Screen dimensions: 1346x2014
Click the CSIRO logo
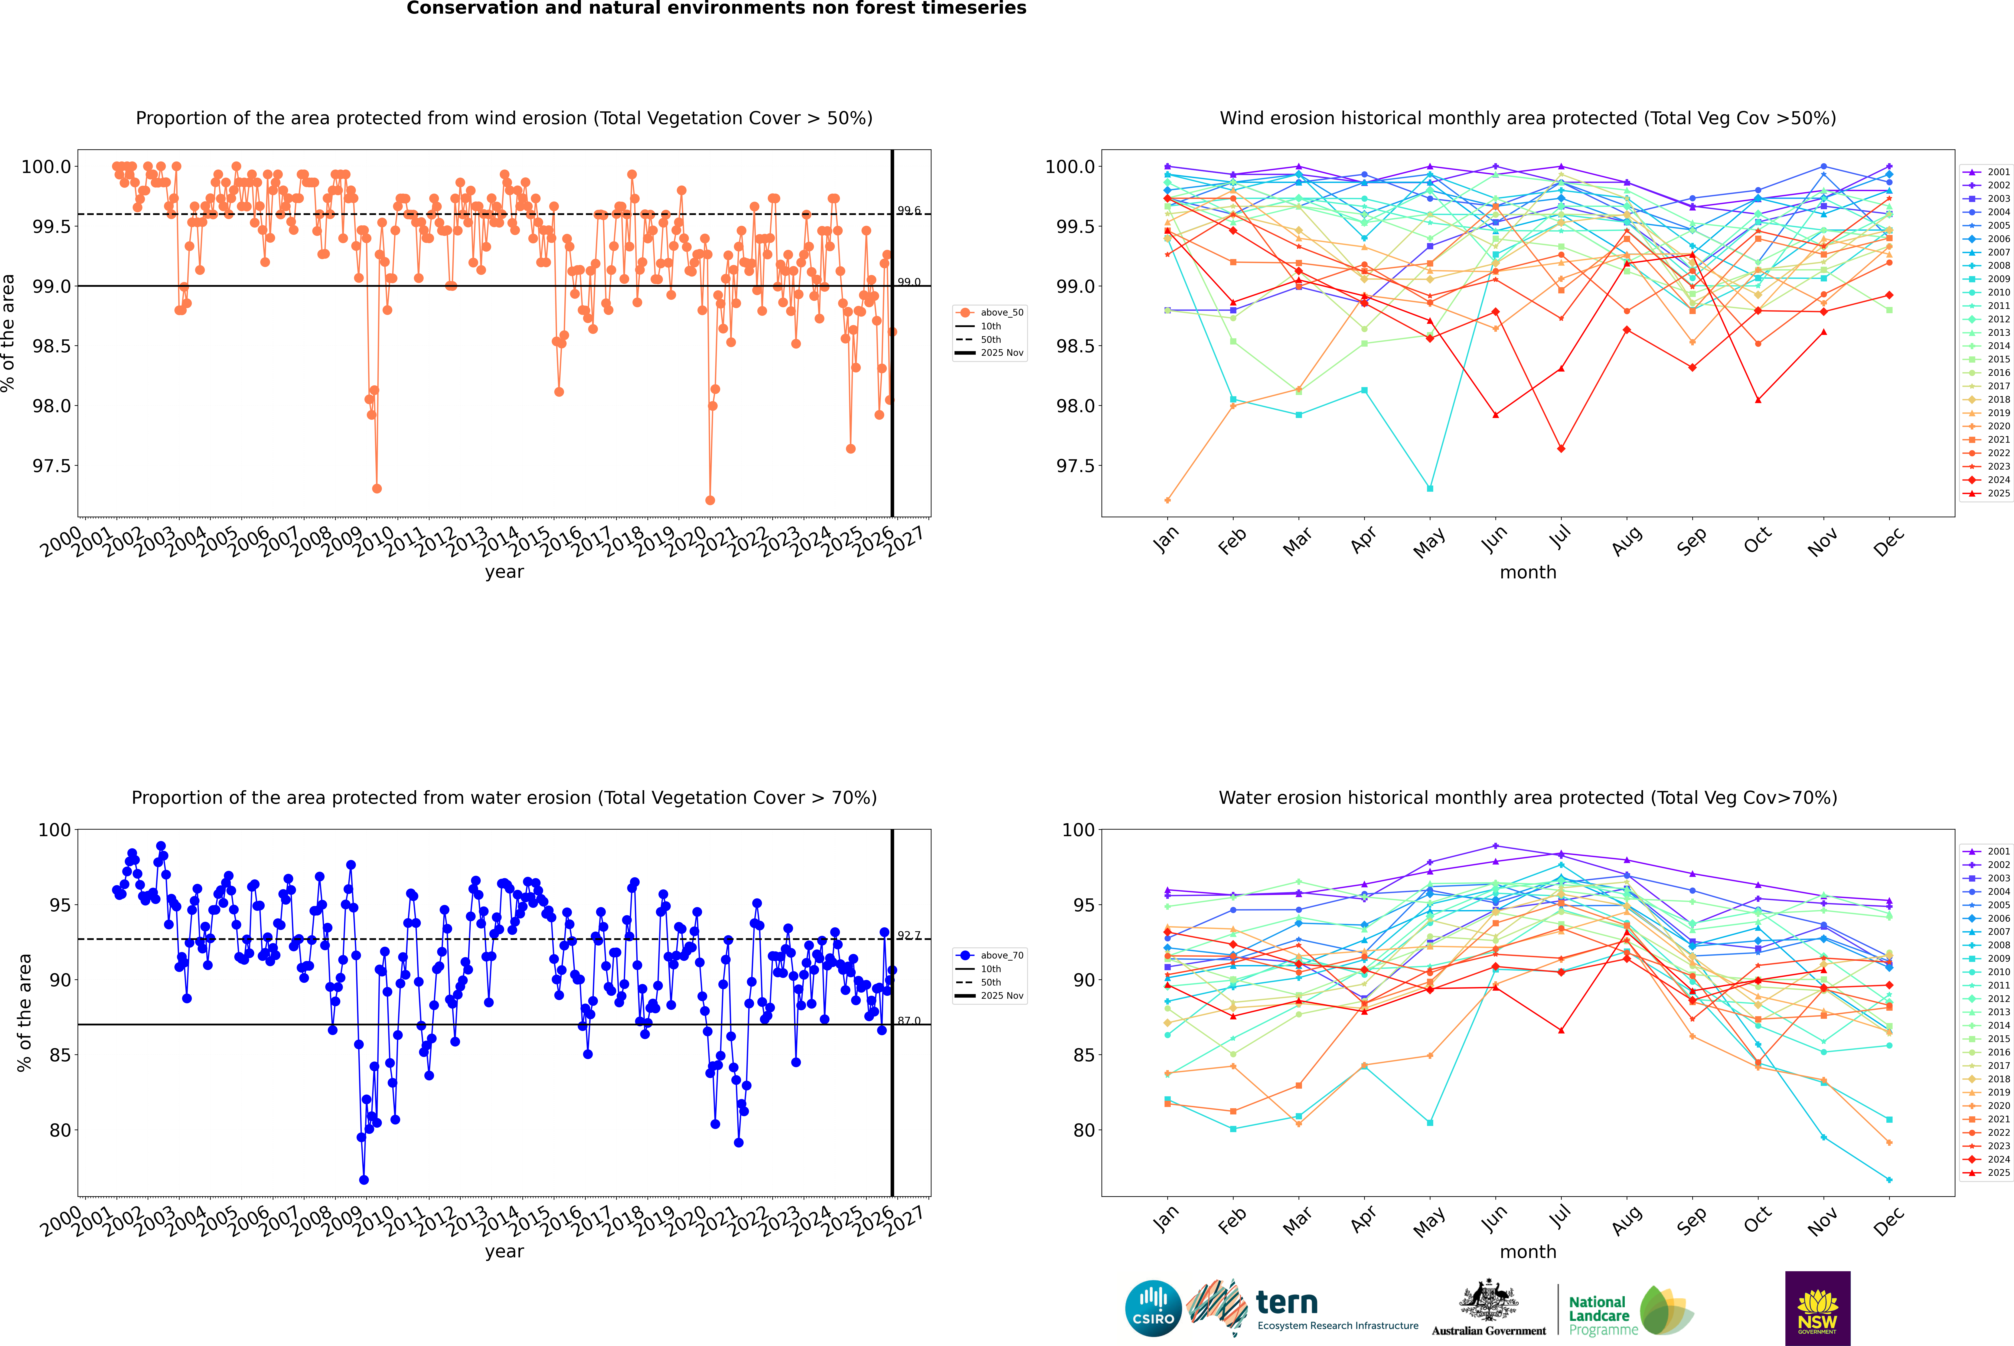click(x=1153, y=1308)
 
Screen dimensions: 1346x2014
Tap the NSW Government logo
click(x=1817, y=1308)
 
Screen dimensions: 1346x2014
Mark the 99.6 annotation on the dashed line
click(x=909, y=210)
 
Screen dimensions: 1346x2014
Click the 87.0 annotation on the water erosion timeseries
click(x=909, y=1021)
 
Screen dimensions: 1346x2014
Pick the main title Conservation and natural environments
click(x=716, y=9)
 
